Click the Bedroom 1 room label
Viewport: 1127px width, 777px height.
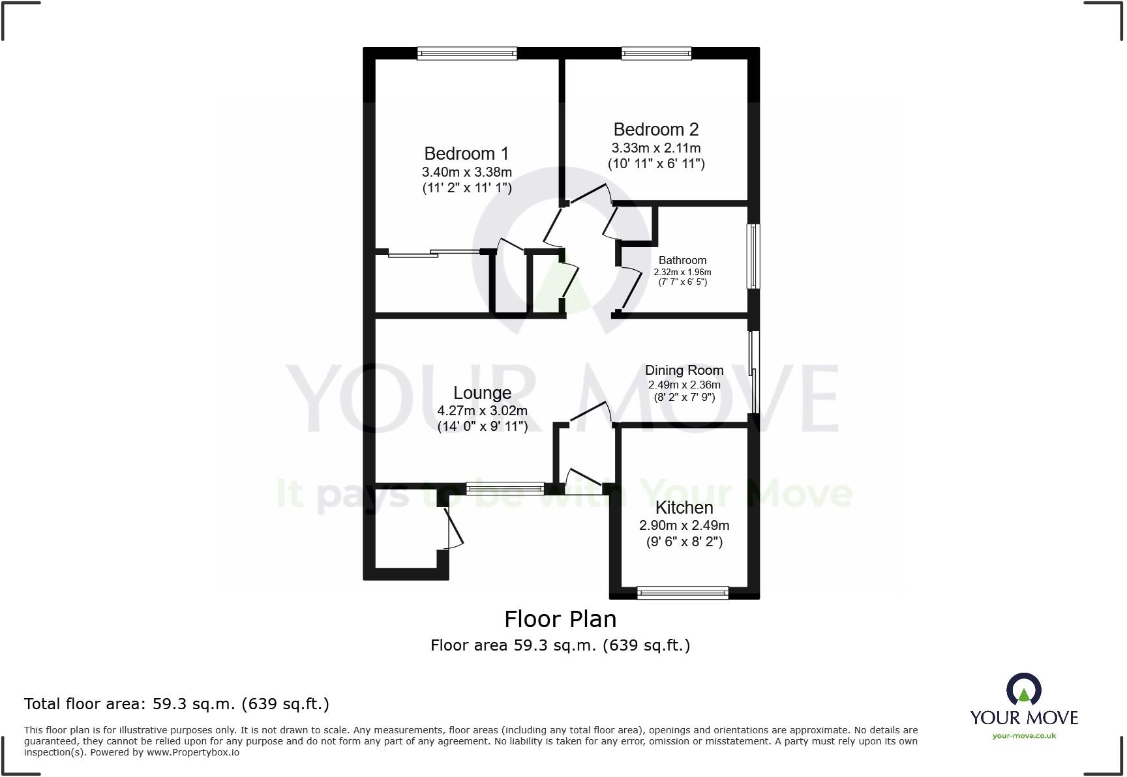point(466,154)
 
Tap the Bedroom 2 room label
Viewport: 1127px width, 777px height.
point(656,130)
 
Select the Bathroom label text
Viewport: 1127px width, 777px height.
point(682,260)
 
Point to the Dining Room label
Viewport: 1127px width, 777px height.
point(684,370)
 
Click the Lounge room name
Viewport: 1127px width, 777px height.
point(483,393)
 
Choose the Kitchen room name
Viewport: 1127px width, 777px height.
point(684,508)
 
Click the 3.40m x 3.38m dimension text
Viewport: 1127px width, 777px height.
point(466,173)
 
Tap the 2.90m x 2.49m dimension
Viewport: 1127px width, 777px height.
point(684,525)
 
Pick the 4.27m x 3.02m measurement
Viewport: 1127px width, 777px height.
point(483,411)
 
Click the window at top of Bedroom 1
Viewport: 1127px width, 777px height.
point(467,53)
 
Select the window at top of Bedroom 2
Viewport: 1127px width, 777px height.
point(656,53)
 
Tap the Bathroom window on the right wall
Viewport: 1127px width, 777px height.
point(753,256)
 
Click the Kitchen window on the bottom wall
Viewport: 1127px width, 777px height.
point(682,593)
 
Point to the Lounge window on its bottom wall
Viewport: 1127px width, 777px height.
point(505,488)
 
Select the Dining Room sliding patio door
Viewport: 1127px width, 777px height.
point(754,372)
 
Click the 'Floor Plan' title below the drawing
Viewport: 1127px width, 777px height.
point(560,619)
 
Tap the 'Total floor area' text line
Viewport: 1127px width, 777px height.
point(177,704)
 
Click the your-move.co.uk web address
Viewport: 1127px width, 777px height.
point(1024,736)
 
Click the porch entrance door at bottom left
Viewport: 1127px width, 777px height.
point(453,528)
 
